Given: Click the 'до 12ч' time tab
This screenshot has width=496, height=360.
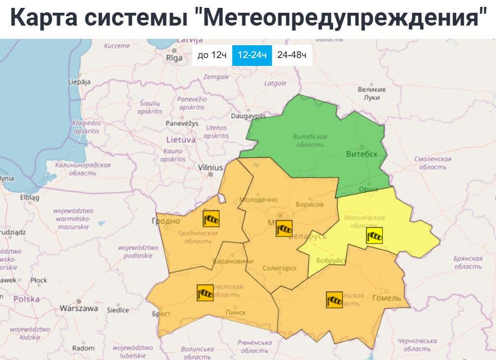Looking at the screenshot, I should pos(212,55).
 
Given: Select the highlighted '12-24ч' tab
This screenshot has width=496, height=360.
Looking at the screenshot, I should pos(252,55).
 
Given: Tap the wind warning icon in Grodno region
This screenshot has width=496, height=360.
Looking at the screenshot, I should pos(211,218).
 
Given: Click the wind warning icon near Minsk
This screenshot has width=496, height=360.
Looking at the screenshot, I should pos(284,229).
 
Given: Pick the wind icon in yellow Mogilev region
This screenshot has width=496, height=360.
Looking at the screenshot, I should pos(374,236).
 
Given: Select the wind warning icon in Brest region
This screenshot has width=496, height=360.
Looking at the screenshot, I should pos(205,293).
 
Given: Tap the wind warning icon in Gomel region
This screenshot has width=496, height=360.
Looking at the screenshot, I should pos(334,300).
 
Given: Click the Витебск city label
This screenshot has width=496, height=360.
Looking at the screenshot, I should pos(362,154).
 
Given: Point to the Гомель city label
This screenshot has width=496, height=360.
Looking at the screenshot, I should pos(386,298).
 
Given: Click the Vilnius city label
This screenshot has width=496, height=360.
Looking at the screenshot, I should pos(210,168).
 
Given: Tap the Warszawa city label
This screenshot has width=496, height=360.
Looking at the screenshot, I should pos(79,309).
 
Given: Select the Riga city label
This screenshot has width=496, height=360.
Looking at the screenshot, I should pos(175,58).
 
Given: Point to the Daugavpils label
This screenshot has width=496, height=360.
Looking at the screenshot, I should pos(248,116).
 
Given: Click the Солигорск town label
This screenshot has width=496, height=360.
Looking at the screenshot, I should pos(280,268).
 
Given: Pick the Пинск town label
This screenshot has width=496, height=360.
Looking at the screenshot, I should pos(235,312).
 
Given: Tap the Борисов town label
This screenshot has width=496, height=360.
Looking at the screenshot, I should pos(310,205).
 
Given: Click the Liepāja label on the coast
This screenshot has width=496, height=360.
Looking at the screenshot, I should pos(80,82).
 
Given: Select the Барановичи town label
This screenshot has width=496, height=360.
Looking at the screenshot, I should pos(233,261).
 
